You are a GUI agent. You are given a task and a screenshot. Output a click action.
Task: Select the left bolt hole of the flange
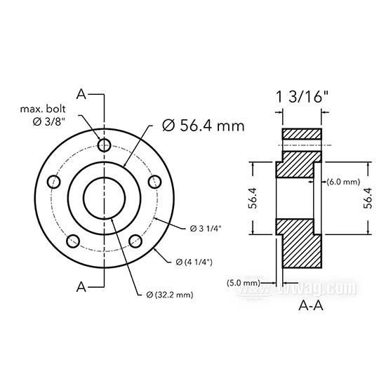[x=53, y=182]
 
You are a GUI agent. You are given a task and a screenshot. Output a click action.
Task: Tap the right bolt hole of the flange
[x=155, y=182]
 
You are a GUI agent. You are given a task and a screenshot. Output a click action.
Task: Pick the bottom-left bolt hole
[x=73, y=241]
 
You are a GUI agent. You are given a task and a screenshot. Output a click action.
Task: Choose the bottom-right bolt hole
[x=135, y=241]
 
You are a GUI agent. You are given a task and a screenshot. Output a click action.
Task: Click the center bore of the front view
[x=104, y=198]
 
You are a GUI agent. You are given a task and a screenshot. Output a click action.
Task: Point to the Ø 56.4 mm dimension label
[x=204, y=126]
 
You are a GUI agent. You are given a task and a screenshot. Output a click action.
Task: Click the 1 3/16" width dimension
[x=302, y=97]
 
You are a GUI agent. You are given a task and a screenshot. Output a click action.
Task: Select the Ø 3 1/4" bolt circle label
[x=206, y=229]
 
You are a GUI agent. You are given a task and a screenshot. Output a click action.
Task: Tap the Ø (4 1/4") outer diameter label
[x=194, y=262]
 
